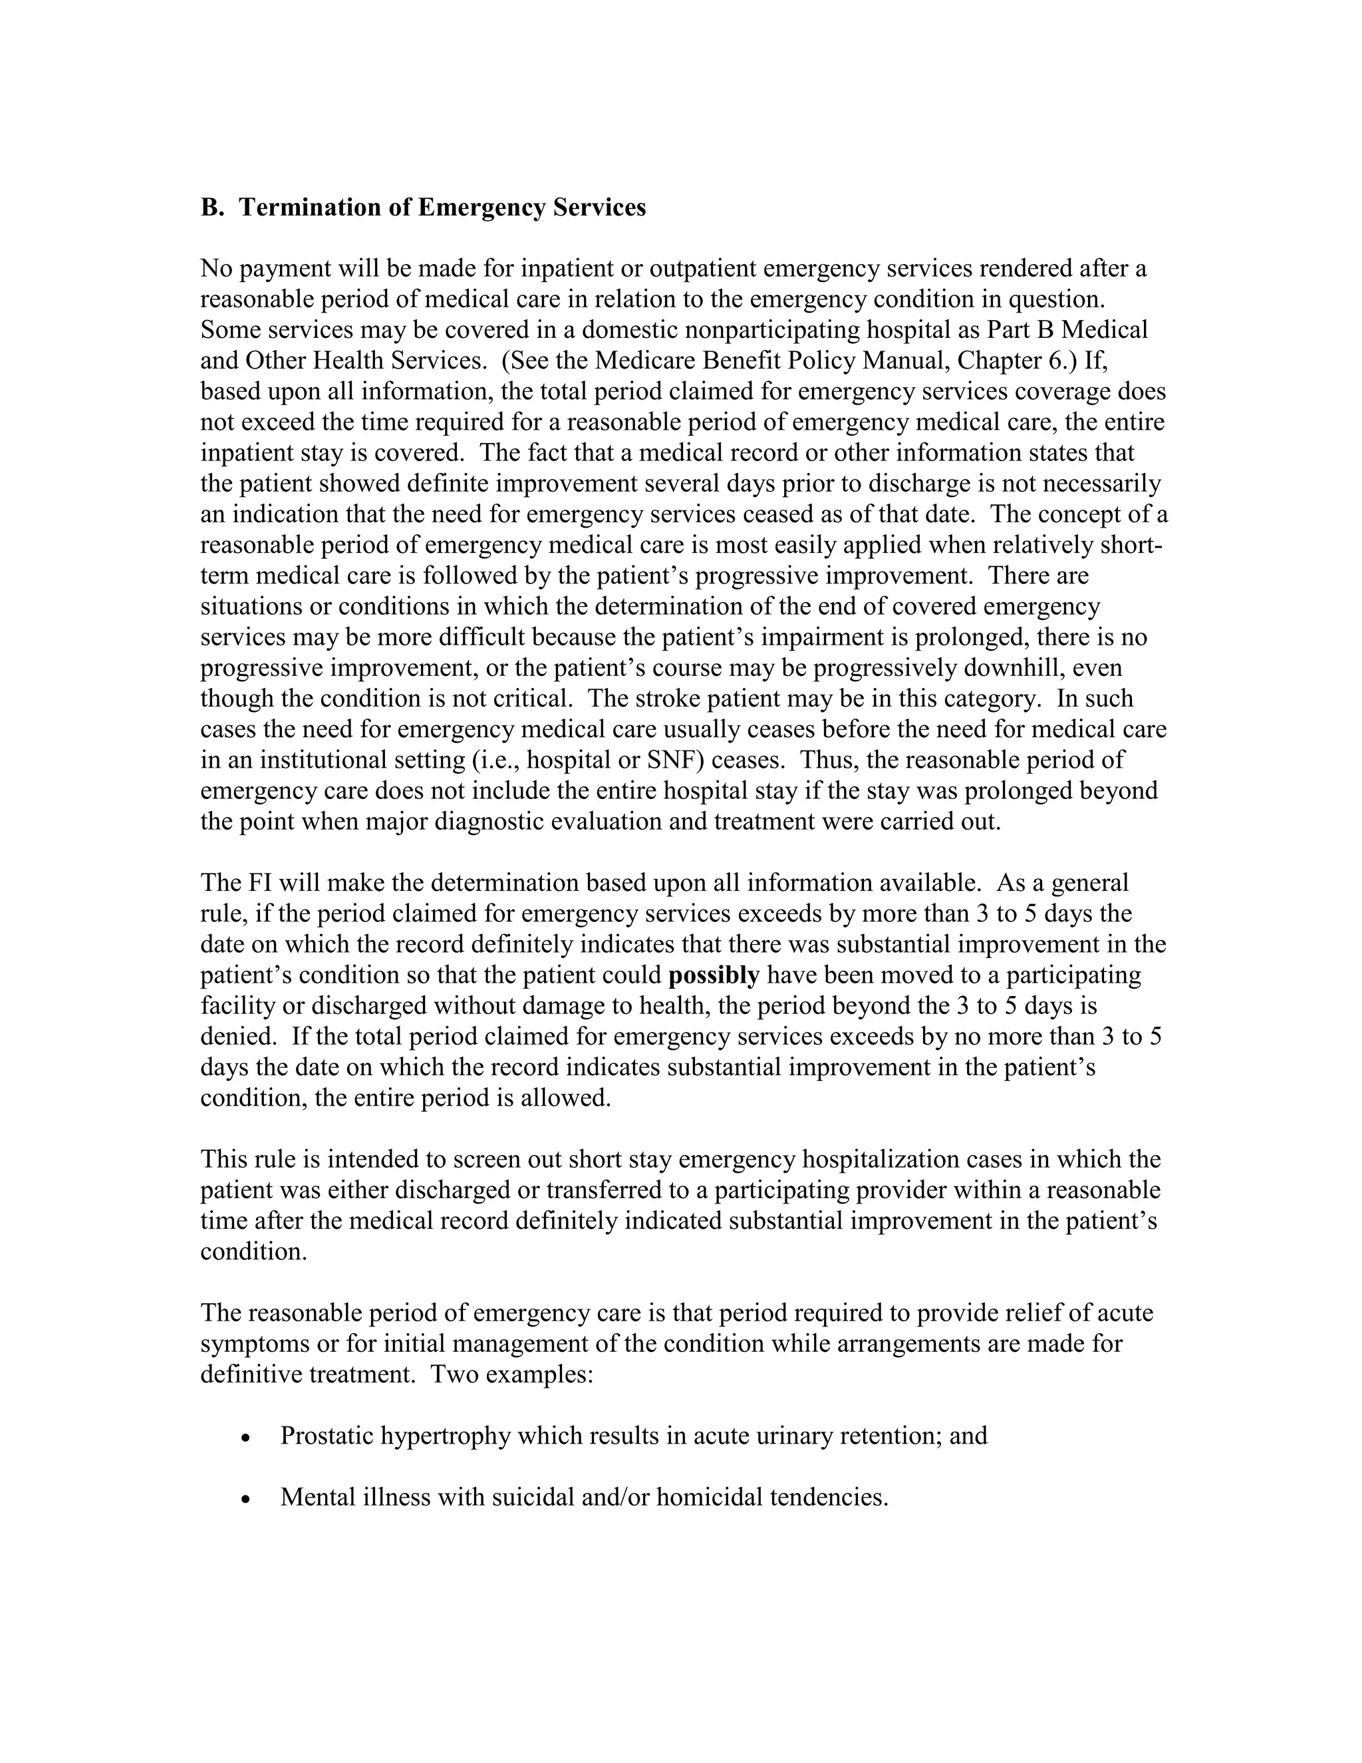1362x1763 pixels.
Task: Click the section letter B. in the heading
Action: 211,208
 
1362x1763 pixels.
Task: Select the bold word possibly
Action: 714,976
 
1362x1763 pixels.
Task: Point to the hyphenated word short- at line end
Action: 1131,545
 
